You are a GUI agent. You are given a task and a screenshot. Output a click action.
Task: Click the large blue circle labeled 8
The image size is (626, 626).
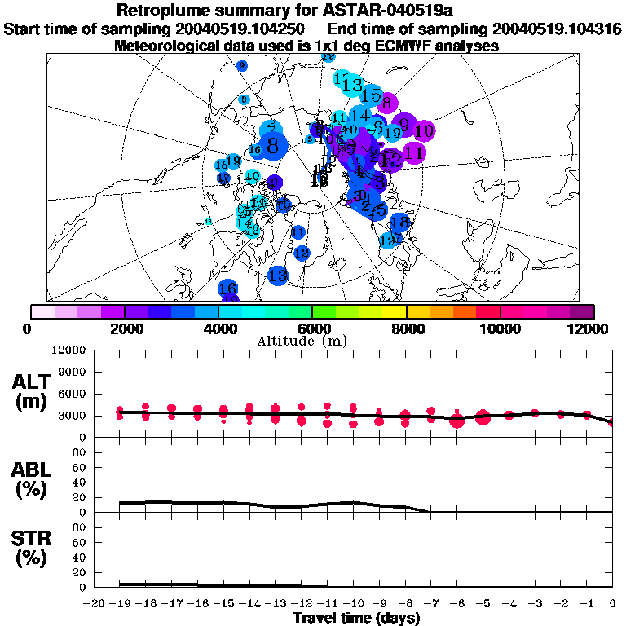(273, 146)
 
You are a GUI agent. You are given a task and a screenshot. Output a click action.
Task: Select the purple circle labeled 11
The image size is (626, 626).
(413, 152)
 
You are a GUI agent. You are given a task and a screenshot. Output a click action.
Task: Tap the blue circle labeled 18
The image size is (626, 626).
(399, 222)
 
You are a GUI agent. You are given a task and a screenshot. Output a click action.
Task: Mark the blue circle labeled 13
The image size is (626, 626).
(278, 276)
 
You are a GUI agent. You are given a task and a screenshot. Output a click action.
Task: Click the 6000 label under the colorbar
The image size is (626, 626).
(312, 328)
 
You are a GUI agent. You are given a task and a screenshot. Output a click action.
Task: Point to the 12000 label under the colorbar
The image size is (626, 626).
(593, 328)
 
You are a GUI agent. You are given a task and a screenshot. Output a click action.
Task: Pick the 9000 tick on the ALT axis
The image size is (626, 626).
(74, 372)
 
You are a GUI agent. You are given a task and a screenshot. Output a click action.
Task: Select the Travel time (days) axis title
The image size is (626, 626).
(356, 618)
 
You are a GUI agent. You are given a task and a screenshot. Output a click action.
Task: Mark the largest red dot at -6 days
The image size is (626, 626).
(456, 421)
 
